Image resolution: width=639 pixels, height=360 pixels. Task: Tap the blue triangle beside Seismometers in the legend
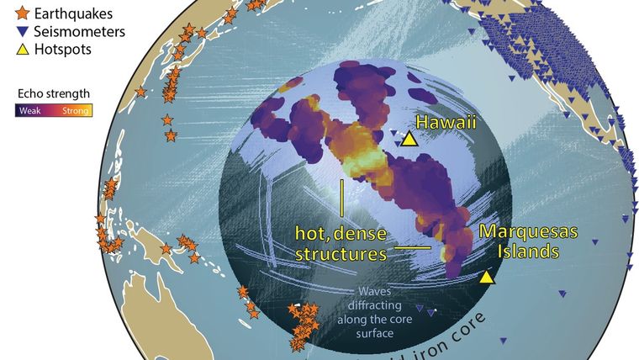point(21,32)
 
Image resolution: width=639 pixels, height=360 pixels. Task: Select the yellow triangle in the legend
point(21,50)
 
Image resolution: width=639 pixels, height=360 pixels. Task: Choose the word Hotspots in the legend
point(63,50)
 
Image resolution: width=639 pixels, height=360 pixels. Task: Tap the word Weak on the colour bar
point(29,109)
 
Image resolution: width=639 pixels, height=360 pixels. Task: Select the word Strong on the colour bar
point(75,109)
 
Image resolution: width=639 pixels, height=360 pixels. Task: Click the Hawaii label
point(444,122)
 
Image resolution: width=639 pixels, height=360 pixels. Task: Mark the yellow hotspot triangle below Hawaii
point(409,140)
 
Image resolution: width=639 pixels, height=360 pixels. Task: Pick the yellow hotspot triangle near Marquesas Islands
point(487,277)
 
